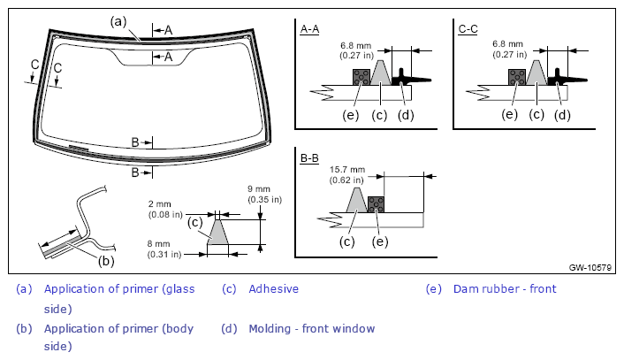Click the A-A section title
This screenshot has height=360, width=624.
tap(309, 29)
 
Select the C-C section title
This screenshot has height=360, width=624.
tap(468, 29)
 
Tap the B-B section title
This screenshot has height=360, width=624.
tap(309, 158)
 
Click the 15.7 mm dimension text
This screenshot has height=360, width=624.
tap(347, 170)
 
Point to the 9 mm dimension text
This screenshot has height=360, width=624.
tap(259, 189)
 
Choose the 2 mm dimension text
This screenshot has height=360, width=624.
tap(160, 204)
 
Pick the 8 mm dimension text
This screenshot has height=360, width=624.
tap(158, 244)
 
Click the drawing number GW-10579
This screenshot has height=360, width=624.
tap(590, 268)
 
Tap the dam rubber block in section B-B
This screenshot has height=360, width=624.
tap(376, 204)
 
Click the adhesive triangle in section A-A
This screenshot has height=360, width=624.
tap(381, 73)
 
